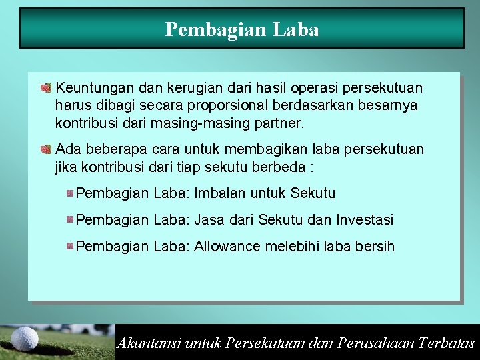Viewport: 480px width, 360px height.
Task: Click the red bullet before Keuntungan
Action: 46,87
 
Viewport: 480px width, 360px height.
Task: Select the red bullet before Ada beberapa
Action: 46,149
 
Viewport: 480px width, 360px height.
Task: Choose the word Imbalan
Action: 221,193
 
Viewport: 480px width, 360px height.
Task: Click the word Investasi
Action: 365,219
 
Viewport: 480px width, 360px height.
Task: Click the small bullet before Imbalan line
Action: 70,193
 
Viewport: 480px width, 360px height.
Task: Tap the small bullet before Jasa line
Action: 70,219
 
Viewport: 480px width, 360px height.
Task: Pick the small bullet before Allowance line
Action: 70,246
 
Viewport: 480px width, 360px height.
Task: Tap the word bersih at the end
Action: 375,247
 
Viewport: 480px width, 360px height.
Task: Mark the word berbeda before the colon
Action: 277,167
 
